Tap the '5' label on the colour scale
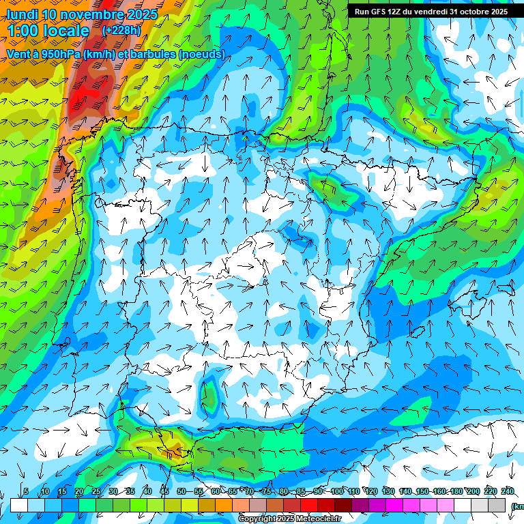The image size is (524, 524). tap(26, 491)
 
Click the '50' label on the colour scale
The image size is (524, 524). tap(181, 491)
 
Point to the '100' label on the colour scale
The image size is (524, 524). tap(336, 491)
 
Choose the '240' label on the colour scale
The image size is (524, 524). tap(508, 491)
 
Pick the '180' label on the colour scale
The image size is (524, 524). tap(456, 491)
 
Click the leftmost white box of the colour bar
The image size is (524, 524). tap(18, 505)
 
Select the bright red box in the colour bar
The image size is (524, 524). tap(309, 505)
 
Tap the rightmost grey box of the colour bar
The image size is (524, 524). tap(498, 505)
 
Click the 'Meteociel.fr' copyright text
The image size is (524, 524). tap(319, 519)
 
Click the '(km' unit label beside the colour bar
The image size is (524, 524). tap(517, 506)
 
